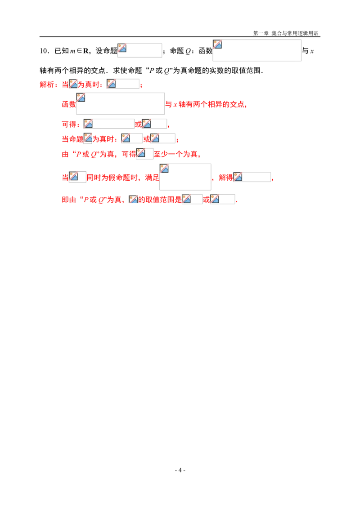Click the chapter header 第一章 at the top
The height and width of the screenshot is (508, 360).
pos(261,33)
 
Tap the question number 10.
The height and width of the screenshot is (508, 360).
pos(44,51)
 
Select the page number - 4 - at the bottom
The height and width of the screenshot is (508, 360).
pos(180,470)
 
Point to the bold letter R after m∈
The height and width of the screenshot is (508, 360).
pos(85,51)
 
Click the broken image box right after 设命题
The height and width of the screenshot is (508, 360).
pos(139,50)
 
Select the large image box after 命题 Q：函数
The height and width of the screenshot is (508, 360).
pos(257,50)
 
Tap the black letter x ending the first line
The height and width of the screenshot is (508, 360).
pos(312,51)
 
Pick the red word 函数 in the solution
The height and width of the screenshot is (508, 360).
pos(69,104)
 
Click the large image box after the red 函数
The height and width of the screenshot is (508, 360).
pos(120,104)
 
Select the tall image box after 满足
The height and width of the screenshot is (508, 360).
pos(185,177)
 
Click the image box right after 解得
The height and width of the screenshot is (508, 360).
pos(252,177)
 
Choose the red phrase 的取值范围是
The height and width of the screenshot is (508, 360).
pos(160,200)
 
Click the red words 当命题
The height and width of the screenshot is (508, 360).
pos(72,139)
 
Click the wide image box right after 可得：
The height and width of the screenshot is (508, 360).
pos(109,124)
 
